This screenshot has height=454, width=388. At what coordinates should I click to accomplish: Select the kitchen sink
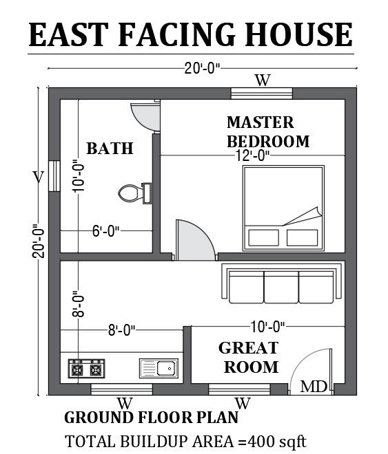pos(159,368)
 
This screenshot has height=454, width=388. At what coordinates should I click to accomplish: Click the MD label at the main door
pos(314,387)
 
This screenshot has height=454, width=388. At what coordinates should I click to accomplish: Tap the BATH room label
pos(110,148)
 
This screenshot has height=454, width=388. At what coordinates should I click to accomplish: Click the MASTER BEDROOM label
pos(267,131)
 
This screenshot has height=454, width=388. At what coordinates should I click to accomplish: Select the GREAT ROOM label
pos(249,356)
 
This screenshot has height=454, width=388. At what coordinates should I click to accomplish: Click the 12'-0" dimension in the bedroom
pos(251,155)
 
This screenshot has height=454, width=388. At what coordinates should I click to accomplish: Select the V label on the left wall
pos(39,177)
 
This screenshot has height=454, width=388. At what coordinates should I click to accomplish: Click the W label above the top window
pos(263,80)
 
